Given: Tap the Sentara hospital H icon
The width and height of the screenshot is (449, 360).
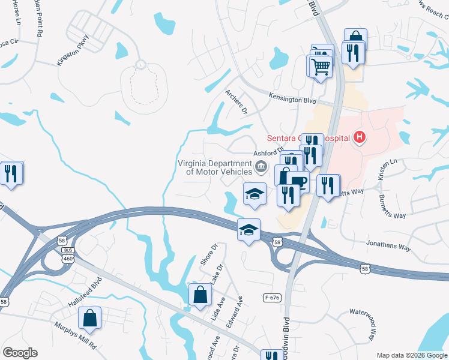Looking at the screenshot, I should point(359,138).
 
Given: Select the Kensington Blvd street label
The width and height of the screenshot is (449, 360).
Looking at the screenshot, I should point(292,98).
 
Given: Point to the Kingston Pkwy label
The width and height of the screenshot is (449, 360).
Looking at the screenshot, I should point(73,54).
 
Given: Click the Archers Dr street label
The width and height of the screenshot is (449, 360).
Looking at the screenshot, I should point(237,103).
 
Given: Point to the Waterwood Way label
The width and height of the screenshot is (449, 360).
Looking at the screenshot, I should point(365,324).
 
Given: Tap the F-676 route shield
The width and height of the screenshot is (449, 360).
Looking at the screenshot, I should point(272,297).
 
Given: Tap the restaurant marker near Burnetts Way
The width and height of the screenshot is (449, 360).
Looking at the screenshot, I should point(328,185).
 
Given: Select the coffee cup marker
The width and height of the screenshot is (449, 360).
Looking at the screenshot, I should point(298,182).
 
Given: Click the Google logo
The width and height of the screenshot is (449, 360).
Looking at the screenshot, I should point(20,353).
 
